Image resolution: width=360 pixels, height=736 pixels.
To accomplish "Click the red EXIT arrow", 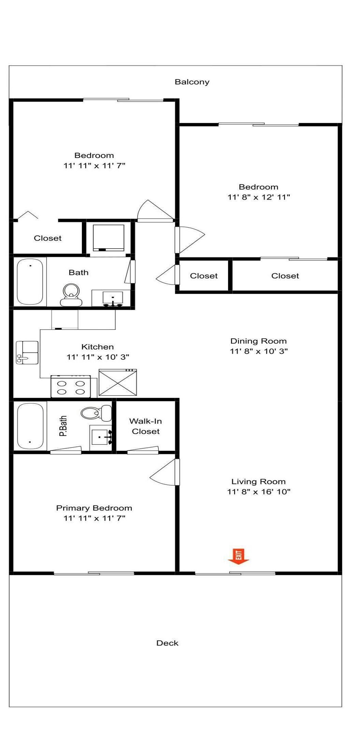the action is tap(238, 556).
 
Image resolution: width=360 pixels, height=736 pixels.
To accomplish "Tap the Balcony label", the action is tap(192, 82).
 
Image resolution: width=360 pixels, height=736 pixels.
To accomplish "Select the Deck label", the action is tap(167, 643).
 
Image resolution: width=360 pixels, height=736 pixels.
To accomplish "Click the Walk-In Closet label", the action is tap(146, 426).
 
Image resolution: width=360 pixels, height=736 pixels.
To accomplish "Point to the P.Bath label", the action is tap(63, 426).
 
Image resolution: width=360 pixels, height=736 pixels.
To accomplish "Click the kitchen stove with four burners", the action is tap(71, 386).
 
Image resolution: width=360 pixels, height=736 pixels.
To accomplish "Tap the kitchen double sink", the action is tap(27, 352).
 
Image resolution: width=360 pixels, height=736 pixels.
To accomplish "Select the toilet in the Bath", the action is tap(71, 295).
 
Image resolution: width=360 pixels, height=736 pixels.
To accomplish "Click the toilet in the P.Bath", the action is tap(96, 413).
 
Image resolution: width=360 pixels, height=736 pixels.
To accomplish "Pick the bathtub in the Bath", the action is tap(30, 281).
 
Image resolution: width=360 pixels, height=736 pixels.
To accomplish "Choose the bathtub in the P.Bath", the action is tap(30, 426).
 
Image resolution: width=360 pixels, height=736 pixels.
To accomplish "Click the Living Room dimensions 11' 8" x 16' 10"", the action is tap(259, 492).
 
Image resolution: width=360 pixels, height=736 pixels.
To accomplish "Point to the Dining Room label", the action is tap(258, 341).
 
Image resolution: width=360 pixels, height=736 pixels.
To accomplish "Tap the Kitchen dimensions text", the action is tap(98, 357).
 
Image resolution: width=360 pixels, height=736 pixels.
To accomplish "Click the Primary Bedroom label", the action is tap(94, 508).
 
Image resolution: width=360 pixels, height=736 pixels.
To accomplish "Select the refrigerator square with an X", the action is tap(118, 382).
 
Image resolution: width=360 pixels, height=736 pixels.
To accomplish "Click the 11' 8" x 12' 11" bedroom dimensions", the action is tap(259, 197).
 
